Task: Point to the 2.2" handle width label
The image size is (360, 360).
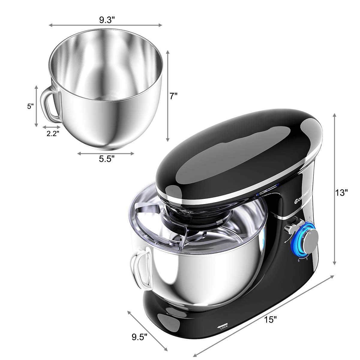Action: pyautogui.click(x=52, y=134)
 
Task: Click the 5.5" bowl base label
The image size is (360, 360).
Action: pyautogui.click(x=107, y=159)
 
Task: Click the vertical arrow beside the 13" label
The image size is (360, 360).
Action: pyautogui.click(x=334, y=189)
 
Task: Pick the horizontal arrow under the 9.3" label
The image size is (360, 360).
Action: pyautogui.click(x=106, y=25)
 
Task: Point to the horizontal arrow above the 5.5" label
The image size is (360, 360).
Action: pyautogui.click(x=106, y=153)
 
